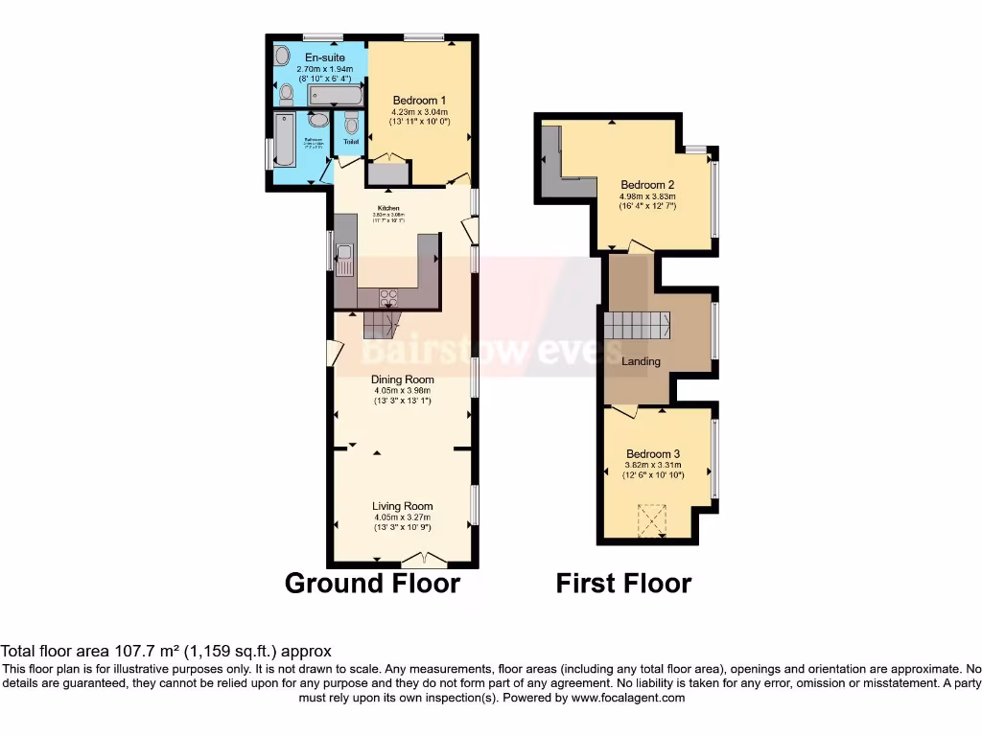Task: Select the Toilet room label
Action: click(351, 142)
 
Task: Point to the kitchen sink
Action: click(344, 258)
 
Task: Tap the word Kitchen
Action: click(388, 208)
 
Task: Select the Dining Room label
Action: click(403, 379)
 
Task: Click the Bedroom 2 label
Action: click(647, 185)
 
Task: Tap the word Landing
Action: click(641, 361)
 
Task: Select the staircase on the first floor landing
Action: click(636, 326)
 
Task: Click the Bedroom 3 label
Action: click(653, 454)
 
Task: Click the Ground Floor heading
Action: click(372, 583)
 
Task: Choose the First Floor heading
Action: click(623, 583)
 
